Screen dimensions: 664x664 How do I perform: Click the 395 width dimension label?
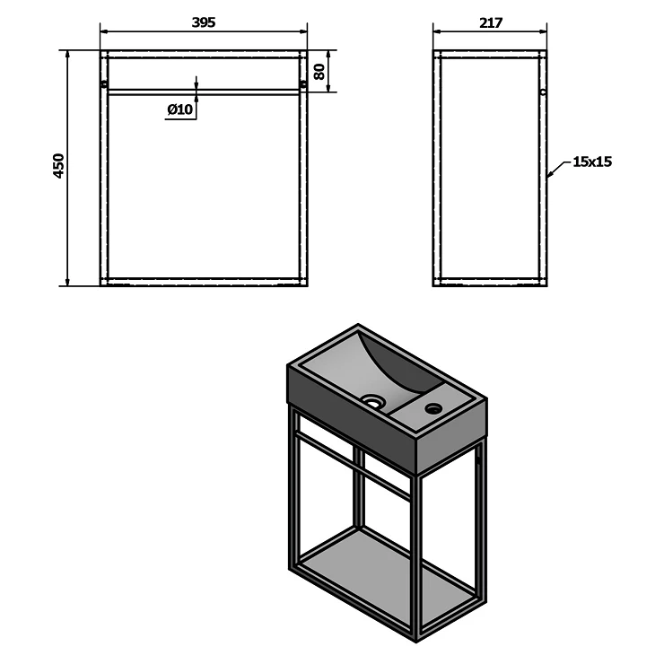click(204, 22)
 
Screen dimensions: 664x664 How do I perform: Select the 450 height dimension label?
click(59, 166)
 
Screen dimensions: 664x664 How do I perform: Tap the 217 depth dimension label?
click(491, 22)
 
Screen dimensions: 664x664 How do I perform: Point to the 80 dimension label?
click(319, 71)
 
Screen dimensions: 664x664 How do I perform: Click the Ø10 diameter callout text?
click(180, 109)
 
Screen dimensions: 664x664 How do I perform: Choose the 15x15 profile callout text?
click(592, 162)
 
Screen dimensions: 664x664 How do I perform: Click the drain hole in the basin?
click(372, 400)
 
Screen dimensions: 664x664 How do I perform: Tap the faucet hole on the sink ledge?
click(433, 408)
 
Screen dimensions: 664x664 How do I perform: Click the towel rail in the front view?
click(204, 92)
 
